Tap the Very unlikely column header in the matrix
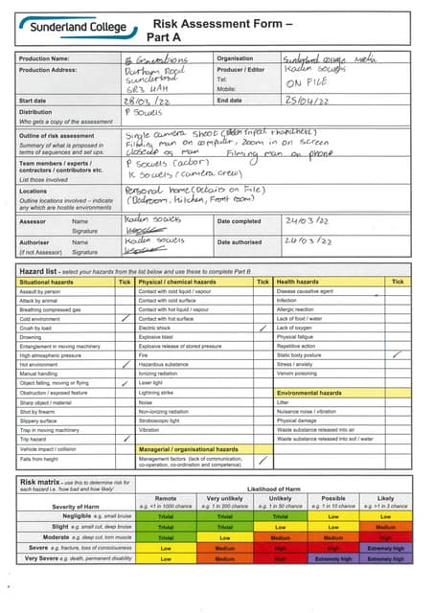(225, 499)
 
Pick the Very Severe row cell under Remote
(166, 558)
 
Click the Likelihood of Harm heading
(278, 489)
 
